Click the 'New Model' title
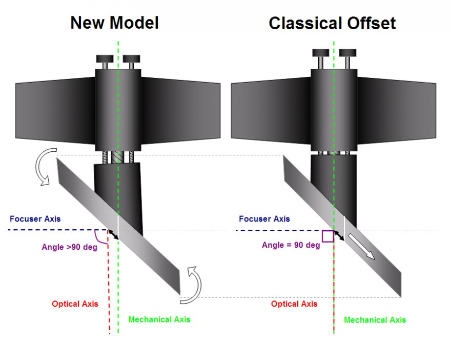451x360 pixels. point(114,23)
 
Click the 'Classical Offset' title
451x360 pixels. point(332,23)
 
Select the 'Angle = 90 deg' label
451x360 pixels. point(291,245)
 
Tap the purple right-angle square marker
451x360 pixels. point(327,236)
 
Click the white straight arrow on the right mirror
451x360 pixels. point(362,246)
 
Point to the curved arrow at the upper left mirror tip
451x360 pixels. point(42,165)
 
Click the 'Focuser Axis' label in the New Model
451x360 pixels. point(35,219)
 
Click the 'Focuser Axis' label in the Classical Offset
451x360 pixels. point(264,219)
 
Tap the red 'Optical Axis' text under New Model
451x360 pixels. point(75,304)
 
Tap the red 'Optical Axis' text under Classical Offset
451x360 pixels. point(294,304)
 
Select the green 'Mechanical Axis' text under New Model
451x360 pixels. point(159,319)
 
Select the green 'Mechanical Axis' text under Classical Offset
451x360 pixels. point(375,320)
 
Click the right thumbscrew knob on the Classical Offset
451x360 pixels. point(347,53)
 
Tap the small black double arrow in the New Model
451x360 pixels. point(113,234)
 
